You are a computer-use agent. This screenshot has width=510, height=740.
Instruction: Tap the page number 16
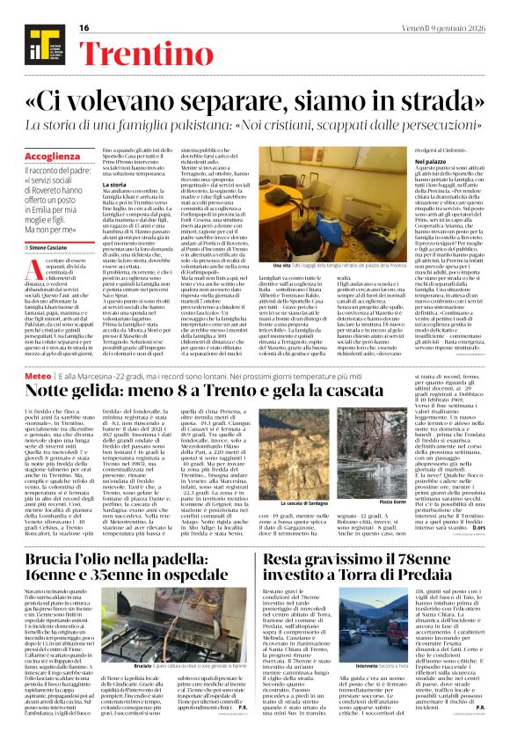84,28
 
